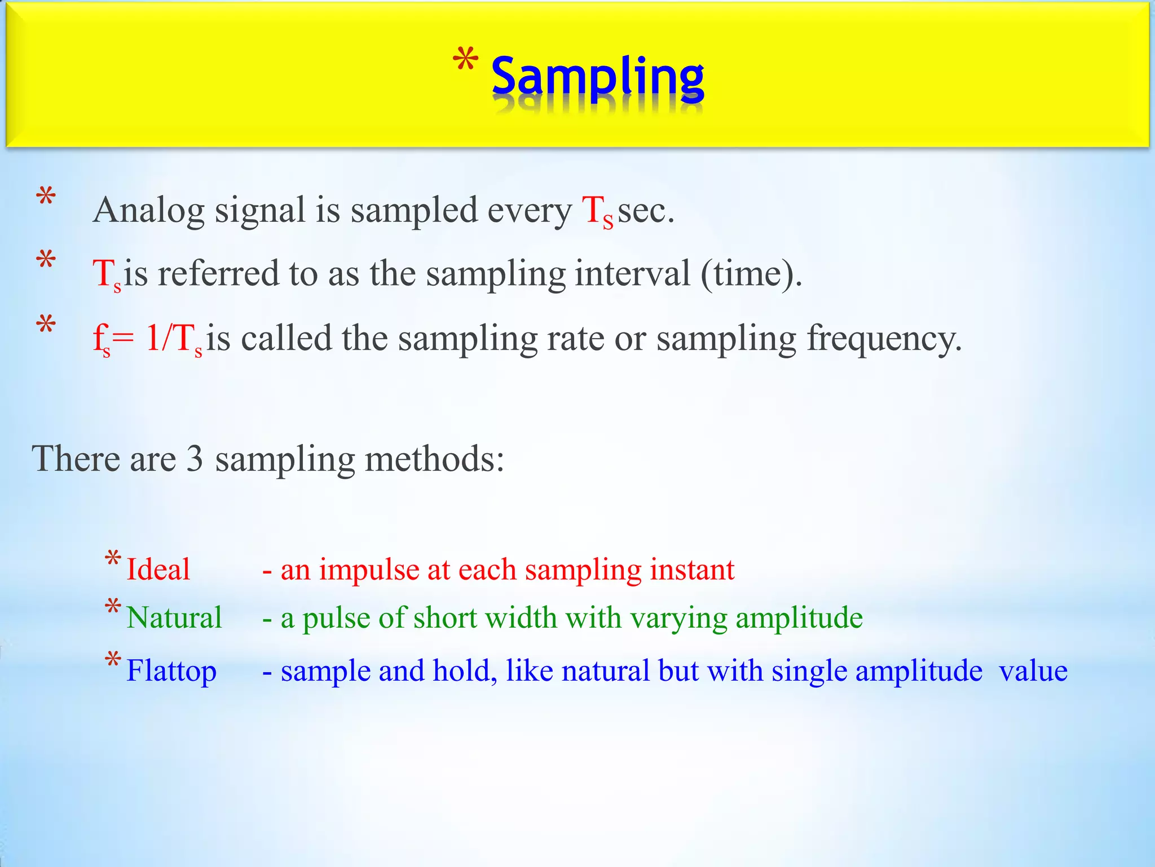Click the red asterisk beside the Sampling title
[x=466, y=61]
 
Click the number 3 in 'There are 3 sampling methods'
[x=195, y=458]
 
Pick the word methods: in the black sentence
[x=434, y=458]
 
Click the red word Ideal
[x=158, y=569]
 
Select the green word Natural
[x=174, y=617]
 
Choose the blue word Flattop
[x=171, y=671]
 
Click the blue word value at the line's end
[x=1033, y=671]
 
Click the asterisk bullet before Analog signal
[x=46, y=197]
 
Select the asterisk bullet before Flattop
[x=113, y=659]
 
